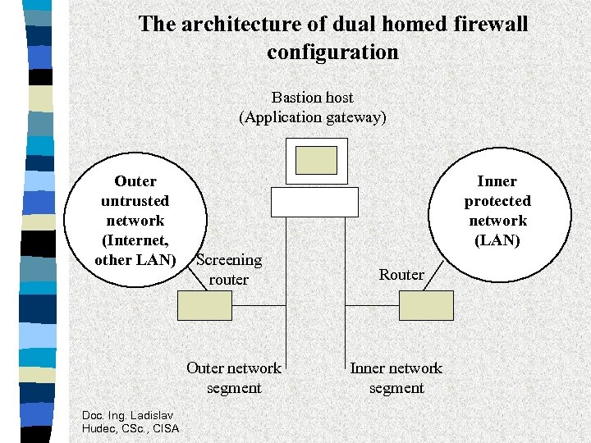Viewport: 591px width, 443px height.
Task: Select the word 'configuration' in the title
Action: (332, 53)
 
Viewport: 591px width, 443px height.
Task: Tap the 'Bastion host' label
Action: (312, 98)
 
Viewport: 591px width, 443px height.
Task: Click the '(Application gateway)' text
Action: (312, 117)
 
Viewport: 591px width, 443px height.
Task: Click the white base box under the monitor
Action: (314, 201)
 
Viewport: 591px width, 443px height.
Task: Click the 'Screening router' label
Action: (229, 270)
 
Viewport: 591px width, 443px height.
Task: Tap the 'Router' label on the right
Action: (401, 275)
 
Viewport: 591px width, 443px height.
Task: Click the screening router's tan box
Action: (205, 305)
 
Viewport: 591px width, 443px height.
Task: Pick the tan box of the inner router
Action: (426, 305)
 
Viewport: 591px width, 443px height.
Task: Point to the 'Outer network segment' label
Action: (234, 377)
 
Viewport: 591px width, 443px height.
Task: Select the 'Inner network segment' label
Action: (396, 377)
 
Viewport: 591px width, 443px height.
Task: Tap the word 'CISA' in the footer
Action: (166, 427)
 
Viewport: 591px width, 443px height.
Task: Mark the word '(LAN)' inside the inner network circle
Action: (497, 240)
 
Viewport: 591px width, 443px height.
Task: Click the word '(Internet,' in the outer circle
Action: (135, 240)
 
